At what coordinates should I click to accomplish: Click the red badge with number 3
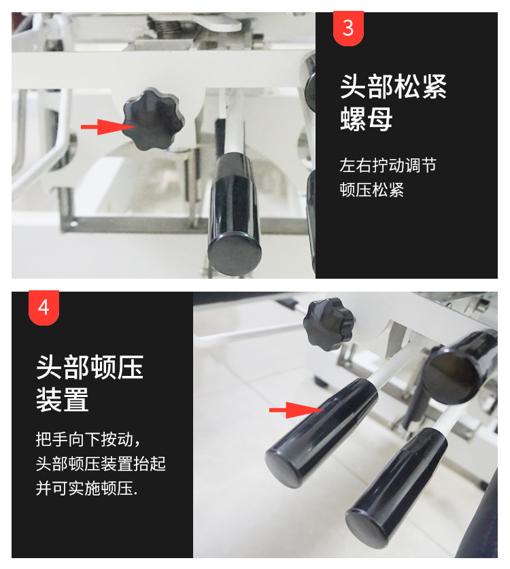click(x=348, y=28)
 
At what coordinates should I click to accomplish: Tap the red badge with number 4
click(x=44, y=307)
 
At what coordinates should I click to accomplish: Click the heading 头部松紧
click(x=393, y=86)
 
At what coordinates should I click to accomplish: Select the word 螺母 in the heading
click(x=367, y=119)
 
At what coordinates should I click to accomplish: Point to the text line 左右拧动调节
click(x=388, y=165)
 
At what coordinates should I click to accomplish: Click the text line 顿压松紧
click(x=372, y=190)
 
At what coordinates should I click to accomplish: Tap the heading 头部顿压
click(x=90, y=367)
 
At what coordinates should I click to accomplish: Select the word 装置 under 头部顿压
click(x=63, y=399)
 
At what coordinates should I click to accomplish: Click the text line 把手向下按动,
click(x=88, y=439)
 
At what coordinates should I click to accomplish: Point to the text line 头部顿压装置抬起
click(x=101, y=464)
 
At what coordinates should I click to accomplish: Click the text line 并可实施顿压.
click(x=87, y=487)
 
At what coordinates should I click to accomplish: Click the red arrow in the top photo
click(x=108, y=126)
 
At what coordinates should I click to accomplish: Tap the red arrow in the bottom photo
click(x=296, y=410)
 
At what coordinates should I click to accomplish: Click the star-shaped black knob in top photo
click(x=153, y=119)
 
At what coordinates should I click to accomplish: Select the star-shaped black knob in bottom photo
click(x=328, y=324)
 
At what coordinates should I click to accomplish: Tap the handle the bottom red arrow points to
click(x=322, y=432)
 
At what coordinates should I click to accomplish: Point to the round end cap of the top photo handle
click(x=235, y=254)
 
